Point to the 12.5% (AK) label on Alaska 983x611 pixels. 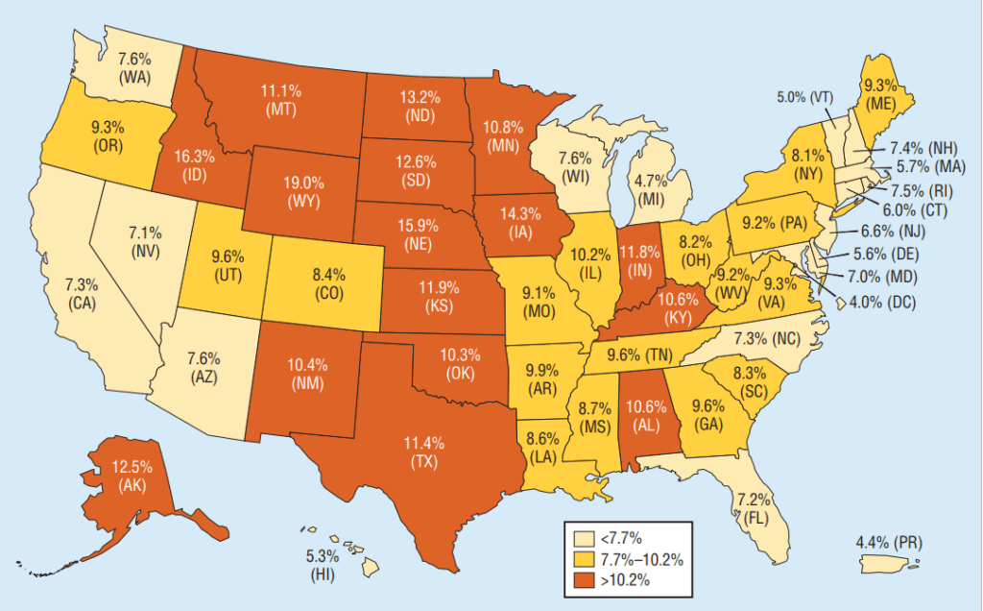[x=132, y=477]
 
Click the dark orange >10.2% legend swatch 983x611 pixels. [x=582, y=579]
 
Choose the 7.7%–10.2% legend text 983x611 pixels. [x=642, y=559]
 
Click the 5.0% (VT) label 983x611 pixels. [x=804, y=97]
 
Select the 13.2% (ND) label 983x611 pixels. [x=420, y=105]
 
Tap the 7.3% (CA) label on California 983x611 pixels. [x=82, y=294]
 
